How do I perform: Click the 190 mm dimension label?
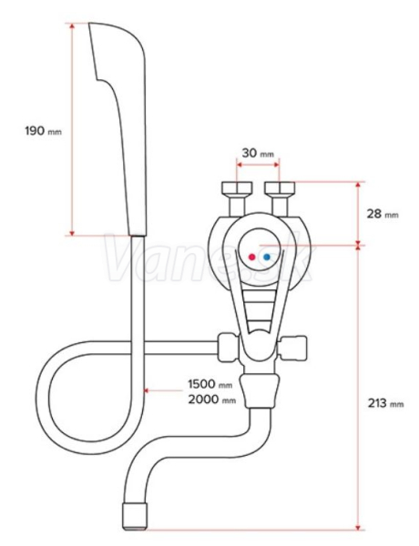pos(43,131)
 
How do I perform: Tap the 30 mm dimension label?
pos(258,153)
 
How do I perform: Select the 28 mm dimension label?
pos(383,214)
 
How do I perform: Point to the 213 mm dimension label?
pos(386,403)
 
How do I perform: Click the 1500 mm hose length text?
pos(210,384)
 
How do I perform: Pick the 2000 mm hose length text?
pos(212,399)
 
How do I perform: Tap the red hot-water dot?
pos(251,257)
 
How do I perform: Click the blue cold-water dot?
pos(267,257)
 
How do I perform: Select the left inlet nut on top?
pos(237,188)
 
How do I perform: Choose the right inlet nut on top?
pos(280,188)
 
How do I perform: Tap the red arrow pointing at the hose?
pos(163,390)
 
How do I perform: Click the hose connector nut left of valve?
pos(228,348)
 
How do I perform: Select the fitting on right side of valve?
pos(292,348)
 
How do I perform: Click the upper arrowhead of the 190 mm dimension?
pos(72,26)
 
